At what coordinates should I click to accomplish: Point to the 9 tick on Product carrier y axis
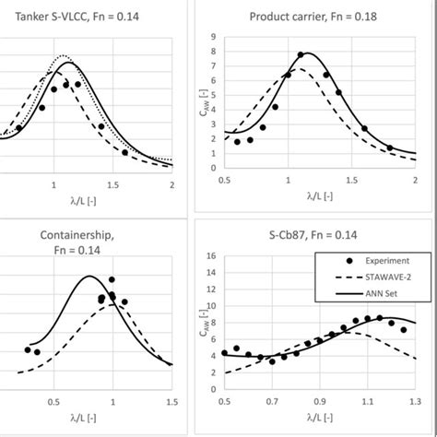point(214,37)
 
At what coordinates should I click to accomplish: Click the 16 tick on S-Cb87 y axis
point(212,256)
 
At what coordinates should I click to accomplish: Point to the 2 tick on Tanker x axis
point(171,182)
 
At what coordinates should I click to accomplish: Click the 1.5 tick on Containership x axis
point(171,402)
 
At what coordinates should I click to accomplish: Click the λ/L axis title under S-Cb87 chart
point(319,420)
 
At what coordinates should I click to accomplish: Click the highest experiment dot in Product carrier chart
point(301,55)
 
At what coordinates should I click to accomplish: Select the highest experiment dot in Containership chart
point(112,278)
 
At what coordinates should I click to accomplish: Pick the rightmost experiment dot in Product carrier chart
point(389,148)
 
